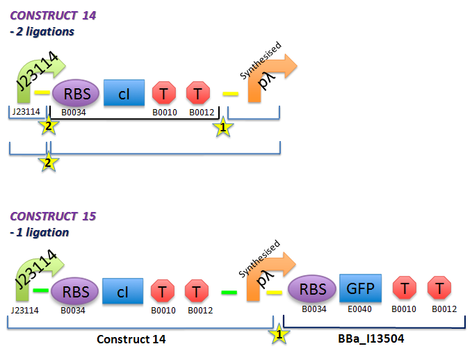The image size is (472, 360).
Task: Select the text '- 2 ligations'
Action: pos(42,31)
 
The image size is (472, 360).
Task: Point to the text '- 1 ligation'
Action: pos(40,232)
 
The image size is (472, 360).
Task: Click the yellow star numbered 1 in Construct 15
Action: pos(279,334)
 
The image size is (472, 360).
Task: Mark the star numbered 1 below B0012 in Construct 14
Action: pos(222,127)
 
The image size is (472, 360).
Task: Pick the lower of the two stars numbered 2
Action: pos(49,163)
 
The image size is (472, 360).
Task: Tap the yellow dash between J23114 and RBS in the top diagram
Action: pos(42,92)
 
